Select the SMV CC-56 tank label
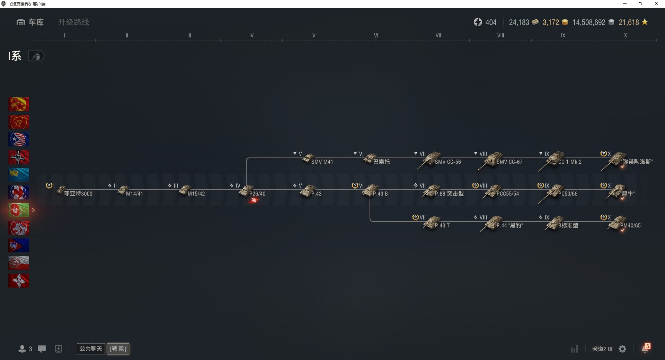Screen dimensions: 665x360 click(x=448, y=162)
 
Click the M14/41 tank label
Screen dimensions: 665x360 click(x=134, y=194)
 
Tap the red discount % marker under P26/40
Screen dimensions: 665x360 click(x=254, y=200)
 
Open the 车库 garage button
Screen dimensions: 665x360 click(x=30, y=22)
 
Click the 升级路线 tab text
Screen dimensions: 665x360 click(x=73, y=22)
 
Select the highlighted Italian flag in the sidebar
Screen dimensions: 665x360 click(x=19, y=210)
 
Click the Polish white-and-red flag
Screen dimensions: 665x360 click(x=19, y=263)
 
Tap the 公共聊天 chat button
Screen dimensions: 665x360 click(x=91, y=349)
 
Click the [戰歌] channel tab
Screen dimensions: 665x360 click(x=118, y=349)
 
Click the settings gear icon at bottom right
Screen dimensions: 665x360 click(x=622, y=349)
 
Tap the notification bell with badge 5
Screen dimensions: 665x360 click(x=646, y=348)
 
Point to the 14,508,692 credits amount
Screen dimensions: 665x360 click(x=589, y=22)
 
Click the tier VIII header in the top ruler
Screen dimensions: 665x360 click(x=501, y=35)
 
